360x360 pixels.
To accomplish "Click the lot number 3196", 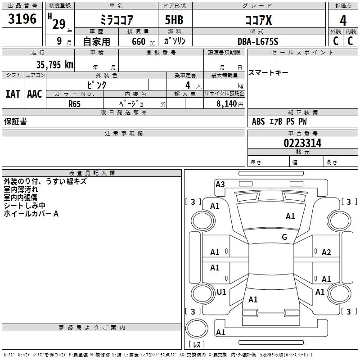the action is click(x=22, y=19).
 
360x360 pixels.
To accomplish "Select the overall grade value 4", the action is click(x=343, y=21).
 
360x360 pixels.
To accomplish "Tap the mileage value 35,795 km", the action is click(x=54, y=65).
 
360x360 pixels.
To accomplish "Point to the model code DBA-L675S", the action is click(x=258, y=41).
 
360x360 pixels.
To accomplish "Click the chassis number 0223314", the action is click(x=302, y=143).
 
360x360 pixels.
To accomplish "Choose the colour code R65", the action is click(x=74, y=104).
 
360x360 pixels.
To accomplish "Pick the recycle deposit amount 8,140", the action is click(x=227, y=104).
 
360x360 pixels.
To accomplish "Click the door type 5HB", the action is click(x=174, y=20).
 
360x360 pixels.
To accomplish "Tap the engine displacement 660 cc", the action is click(x=143, y=42).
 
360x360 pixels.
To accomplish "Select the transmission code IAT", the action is click(x=13, y=94).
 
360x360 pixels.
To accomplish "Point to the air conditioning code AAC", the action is click(x=35, y=94).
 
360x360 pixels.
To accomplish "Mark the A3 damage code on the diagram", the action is click(x=220, y=184).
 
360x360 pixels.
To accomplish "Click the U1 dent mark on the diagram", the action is click(x=221, y=292).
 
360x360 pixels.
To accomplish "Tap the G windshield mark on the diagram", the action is click(x=284, y=237).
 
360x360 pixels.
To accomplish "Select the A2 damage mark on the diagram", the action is click(x=326, y=252).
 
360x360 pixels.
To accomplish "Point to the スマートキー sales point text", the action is click(x=268, y=73).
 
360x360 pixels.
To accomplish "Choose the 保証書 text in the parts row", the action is click(x=15, y=121).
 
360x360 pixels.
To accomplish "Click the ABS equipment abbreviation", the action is click(x=258, y=121).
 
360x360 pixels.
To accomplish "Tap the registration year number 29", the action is click(x=59, y=24).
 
